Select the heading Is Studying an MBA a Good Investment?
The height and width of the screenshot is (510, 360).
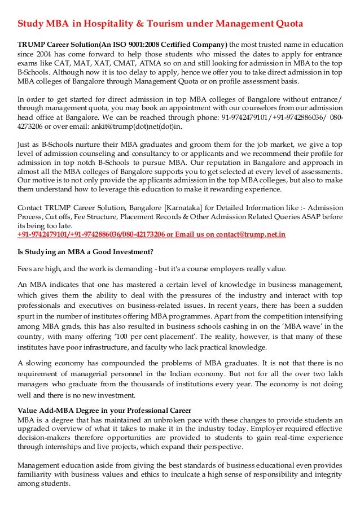pos(85,252)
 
